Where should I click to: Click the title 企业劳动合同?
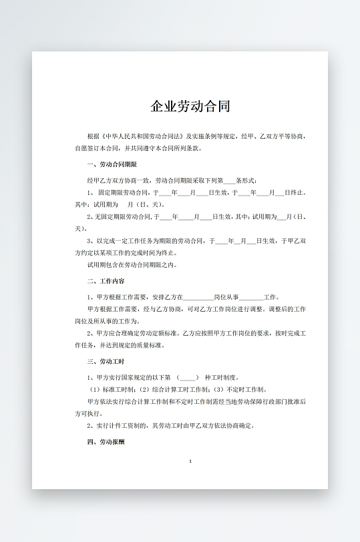pyautogui.click(x=190, y=106)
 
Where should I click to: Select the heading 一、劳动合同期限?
pyautogui.click(x=112, y=164)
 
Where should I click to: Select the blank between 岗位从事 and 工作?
pyautogui.click(x=251, y=297)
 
